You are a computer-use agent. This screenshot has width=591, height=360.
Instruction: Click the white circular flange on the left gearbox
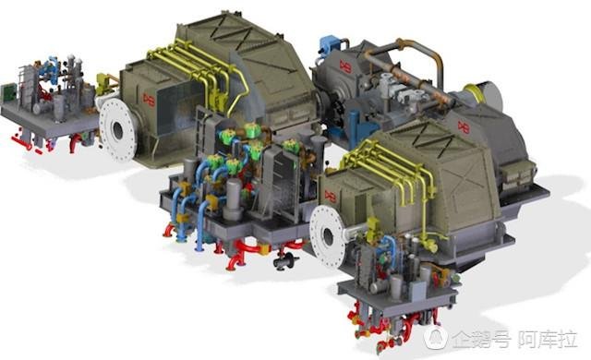117,129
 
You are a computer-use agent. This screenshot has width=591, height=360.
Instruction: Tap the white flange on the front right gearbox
327,236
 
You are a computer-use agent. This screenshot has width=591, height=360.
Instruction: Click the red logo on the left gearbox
149,100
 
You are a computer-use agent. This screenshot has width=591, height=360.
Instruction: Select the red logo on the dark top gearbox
345,66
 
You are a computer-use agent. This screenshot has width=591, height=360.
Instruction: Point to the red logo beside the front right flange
331,197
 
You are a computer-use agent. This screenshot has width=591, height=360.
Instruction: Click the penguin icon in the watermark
436,337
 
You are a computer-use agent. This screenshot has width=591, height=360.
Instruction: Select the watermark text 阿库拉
548,339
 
